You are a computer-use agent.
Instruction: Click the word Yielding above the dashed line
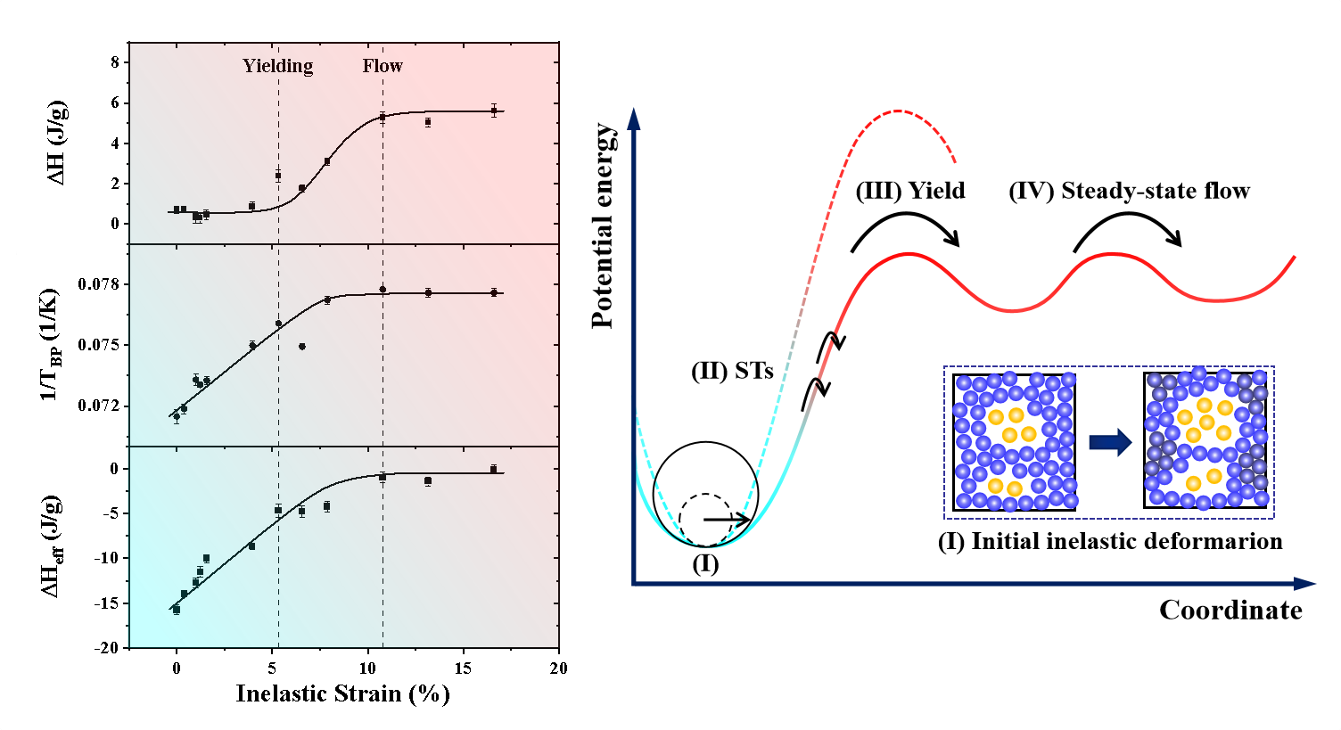click(x=278, y=66)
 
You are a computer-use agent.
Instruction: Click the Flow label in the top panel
click(x=383, y=66)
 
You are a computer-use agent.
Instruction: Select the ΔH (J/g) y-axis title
click(x=57, y=143)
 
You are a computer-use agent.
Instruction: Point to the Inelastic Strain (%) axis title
click(x=342, y=693)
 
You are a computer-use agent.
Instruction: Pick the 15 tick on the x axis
click(x=463, y=668)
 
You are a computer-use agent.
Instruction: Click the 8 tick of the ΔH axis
click(x=115, y=62)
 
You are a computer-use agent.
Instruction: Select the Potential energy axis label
click(x=604, y=226)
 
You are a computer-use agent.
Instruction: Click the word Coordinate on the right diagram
click(x=1230, y=611)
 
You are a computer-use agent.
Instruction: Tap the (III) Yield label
click(x=910, y=191)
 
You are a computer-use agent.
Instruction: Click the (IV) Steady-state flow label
click(x=1129, y=191)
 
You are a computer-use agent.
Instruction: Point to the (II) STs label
click(x=732, y=371)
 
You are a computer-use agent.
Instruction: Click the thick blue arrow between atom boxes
click(x=1110, y=442)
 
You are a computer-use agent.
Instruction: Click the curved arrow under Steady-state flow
click(x=1127, y=226)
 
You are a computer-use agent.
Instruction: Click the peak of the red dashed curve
click(x=898, y=111)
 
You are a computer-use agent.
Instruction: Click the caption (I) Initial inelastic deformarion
click(x=1110, y=541)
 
